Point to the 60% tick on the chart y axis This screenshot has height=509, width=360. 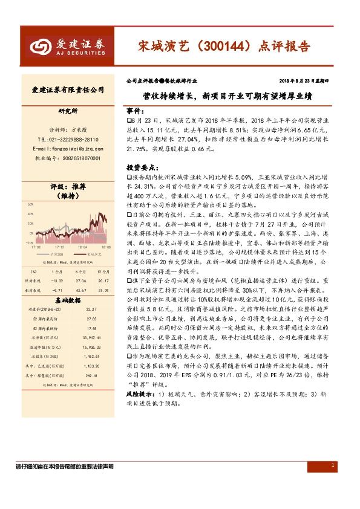point(30,205)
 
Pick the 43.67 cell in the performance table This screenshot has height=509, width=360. point(80,290)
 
